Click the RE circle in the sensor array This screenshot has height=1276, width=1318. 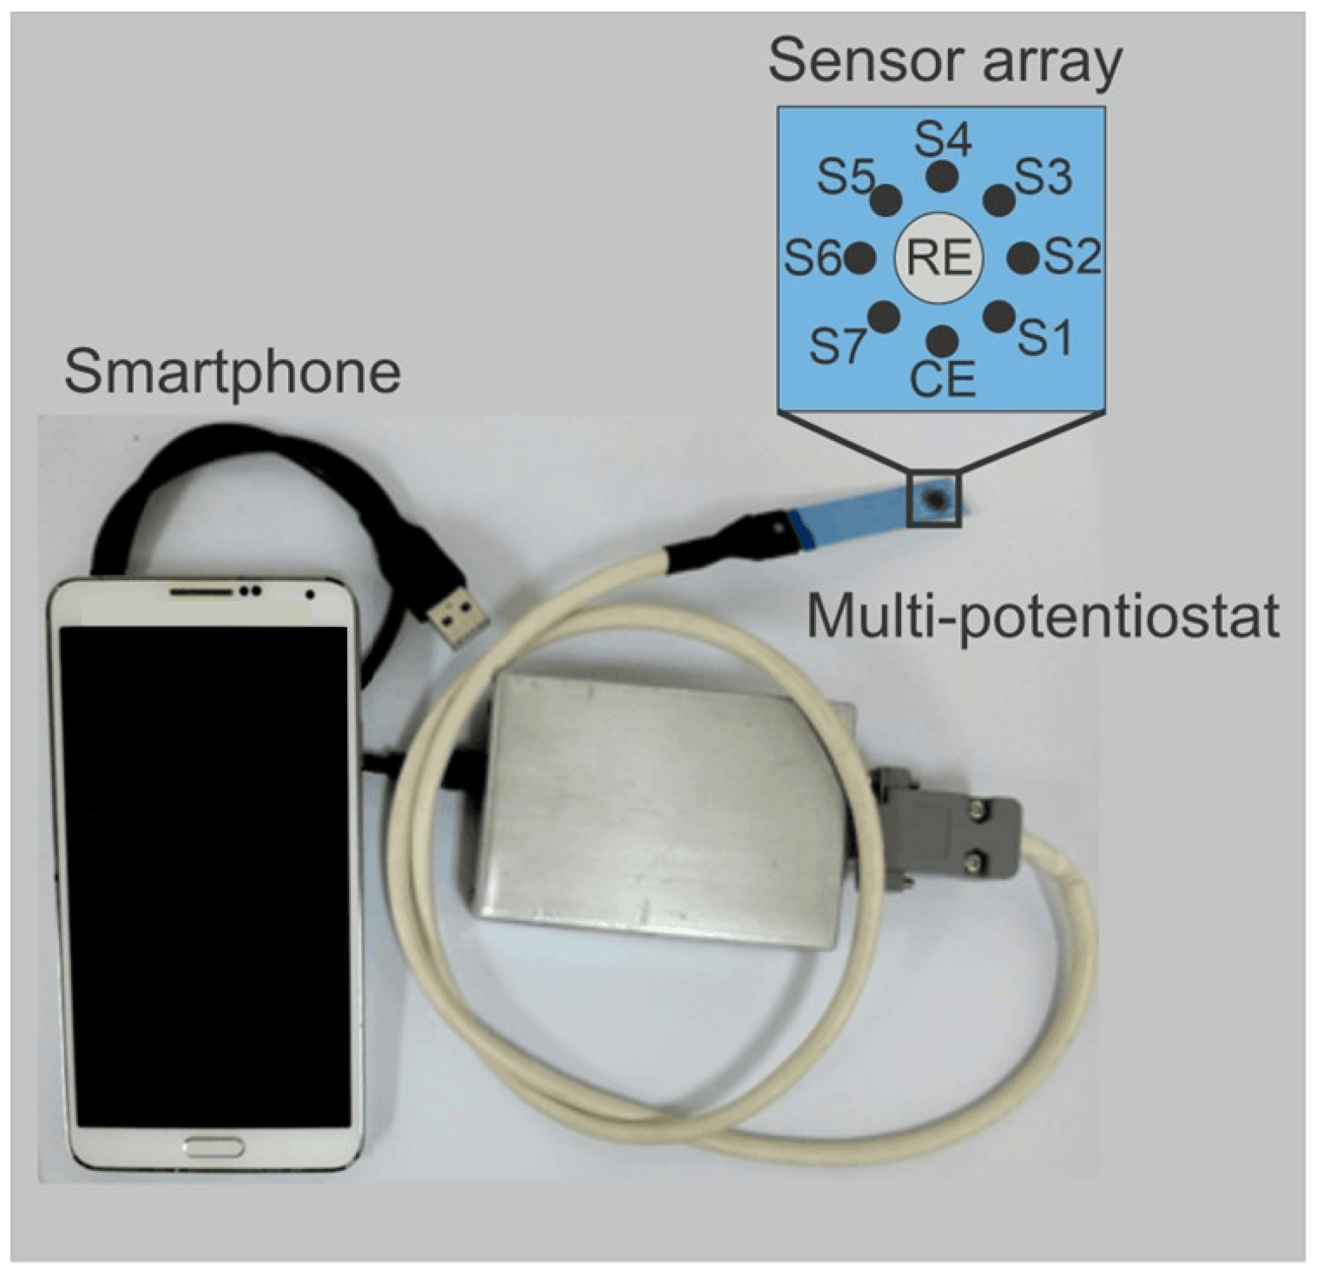940,258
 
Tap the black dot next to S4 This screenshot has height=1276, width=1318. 942,177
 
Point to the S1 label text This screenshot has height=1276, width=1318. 1044,337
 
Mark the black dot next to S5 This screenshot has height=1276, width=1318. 887,198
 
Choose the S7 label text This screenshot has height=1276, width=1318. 836,347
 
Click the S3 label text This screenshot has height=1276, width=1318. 1043,177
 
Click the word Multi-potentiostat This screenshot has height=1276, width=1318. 1041,616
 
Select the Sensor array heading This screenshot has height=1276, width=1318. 945,63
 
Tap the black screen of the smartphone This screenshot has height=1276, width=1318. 204,875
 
